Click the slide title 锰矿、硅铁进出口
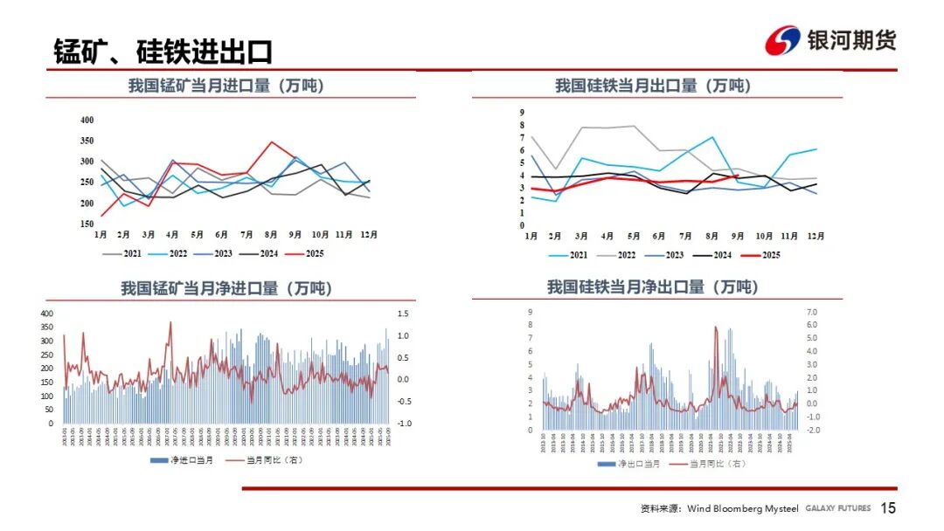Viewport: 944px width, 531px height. point(163,52)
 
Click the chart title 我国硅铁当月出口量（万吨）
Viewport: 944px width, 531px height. point(653,86)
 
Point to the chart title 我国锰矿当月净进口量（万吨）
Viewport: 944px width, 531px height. point(226,287)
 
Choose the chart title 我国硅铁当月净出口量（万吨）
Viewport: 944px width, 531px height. point(653,286)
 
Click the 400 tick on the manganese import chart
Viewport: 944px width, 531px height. point(87,120)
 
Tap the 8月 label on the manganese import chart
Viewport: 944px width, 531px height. point(272,235)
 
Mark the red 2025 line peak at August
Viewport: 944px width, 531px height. point(272,142)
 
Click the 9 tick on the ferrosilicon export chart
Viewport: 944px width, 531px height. point(522,113)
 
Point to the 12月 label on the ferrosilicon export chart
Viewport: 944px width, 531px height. point(815,236)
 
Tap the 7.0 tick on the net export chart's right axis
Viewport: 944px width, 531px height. point(811,312)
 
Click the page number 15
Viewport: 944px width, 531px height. point(888,508)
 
